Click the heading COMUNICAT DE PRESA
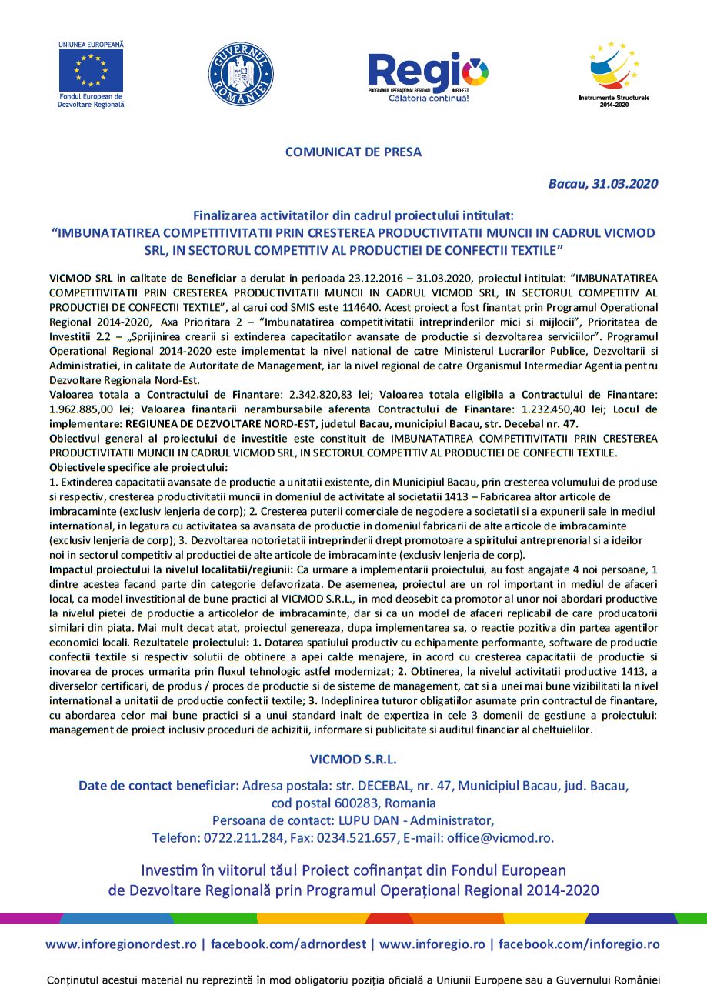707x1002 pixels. tap(353, 152)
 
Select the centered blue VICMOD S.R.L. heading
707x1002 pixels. tap(353, 759)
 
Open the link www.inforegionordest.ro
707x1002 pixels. tap(121, 944)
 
